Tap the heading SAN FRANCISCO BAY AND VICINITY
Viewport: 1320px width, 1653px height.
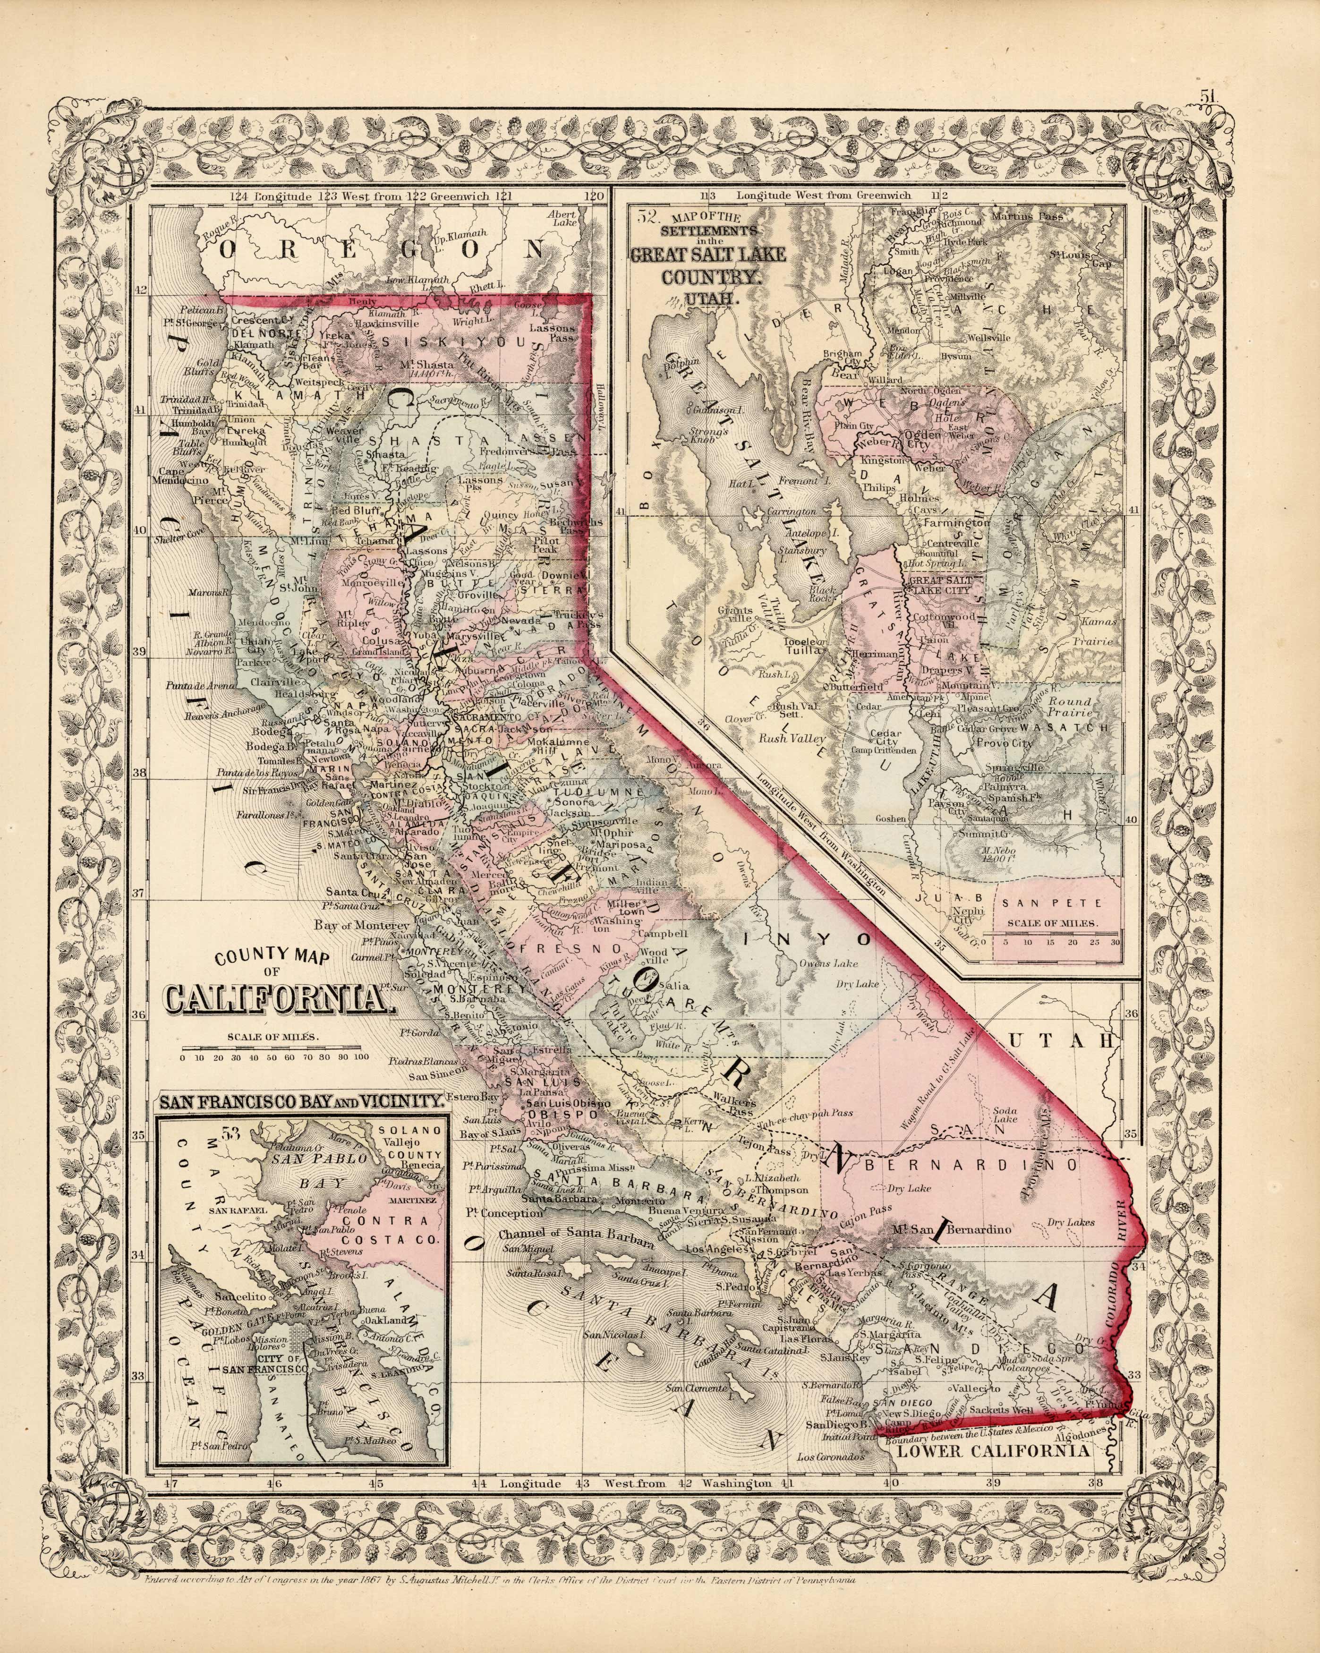[299, 1102]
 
